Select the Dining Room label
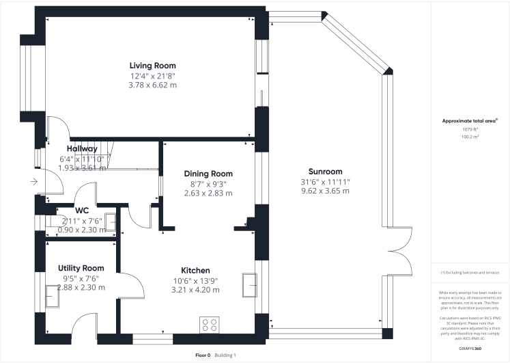208,174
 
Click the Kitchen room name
195,270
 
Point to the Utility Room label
81,268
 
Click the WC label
83,210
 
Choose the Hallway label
82,148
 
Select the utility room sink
52,295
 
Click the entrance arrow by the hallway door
33,182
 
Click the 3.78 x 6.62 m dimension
153,85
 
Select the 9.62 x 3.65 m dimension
324,191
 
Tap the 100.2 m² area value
470,137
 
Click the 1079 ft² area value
470,129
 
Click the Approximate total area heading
470,121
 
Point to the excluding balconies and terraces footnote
470,272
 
